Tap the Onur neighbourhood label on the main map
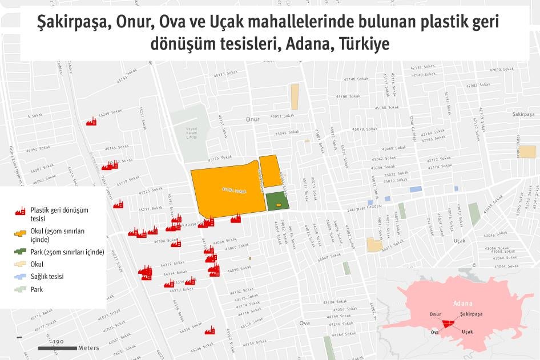[252, 119]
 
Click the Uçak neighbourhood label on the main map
[459, 241]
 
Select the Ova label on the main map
[304, 323]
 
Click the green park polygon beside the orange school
[277, 201]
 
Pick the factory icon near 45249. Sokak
[91, 122]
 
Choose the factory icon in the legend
[20, 211]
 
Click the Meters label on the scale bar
[88, 347]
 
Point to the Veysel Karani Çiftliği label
[191, 134]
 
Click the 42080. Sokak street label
[487, 70]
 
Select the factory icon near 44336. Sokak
[209, 330]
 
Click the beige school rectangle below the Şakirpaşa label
[526, 151]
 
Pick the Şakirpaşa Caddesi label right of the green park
[364, 209]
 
